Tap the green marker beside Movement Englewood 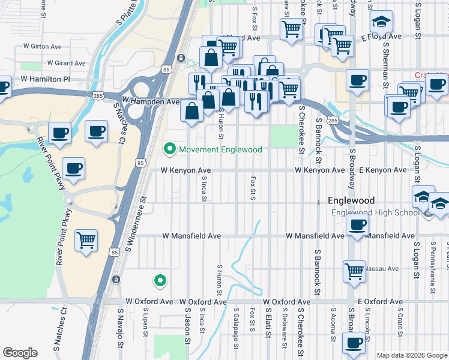click(x=170, y=149)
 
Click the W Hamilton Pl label click(x=46, y=79)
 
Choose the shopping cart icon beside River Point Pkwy click(x=86, y=240)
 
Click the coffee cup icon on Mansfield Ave click(x=358, y=226)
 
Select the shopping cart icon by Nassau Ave click(x=354, y=271)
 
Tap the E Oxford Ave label click(x=382, y=301)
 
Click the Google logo click(x=20, y=353)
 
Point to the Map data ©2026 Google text click(x=412, y=355)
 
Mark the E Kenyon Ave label click(x=384, y=170)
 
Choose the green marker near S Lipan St click(x=160, y=280)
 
